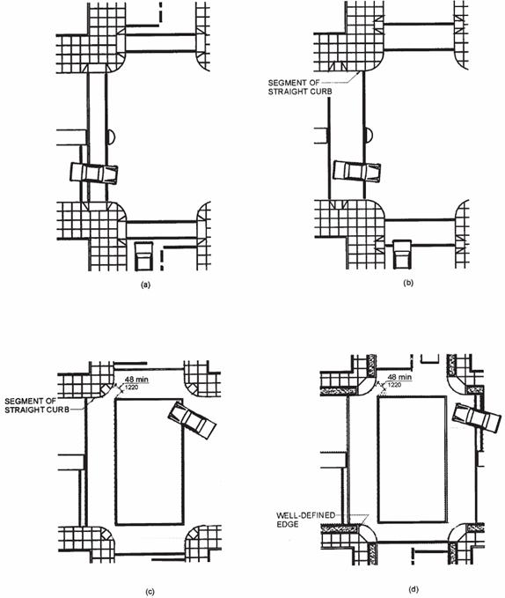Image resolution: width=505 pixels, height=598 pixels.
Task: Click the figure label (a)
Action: (145, 284)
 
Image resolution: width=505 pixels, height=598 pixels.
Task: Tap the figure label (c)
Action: (150, 592)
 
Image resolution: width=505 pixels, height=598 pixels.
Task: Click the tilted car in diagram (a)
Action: (93, 173)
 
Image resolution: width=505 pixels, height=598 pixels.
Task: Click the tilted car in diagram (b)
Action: (357, 171)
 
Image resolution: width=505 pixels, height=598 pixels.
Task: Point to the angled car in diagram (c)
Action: (193, 420)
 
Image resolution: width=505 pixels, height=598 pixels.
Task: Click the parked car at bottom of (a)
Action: (143, 256)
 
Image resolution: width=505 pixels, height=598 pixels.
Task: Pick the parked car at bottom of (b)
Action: (402, 255)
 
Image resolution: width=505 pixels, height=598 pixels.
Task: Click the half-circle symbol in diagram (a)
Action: (110, 137)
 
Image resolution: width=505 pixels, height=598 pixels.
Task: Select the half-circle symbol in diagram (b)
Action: (369, 135)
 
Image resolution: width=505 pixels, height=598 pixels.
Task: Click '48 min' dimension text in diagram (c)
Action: (136, 380)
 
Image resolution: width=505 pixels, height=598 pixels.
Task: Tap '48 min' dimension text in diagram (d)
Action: (400, 377)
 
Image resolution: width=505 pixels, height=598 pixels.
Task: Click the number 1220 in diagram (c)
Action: (131, 388)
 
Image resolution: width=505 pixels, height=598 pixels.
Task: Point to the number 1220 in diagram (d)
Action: (394, 385)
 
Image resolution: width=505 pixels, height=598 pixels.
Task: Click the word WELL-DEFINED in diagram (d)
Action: (306, 515)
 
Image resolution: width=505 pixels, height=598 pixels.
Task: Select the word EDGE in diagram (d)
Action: (288, 524)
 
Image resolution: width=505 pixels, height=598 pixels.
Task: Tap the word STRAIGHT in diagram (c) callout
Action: (26, 410)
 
